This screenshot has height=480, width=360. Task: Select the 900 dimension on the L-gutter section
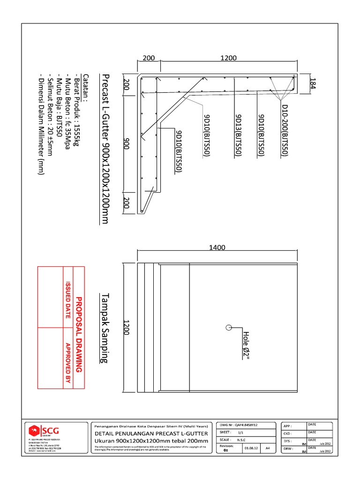(x=126, y=145)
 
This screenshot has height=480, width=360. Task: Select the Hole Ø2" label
(x=247, y=345)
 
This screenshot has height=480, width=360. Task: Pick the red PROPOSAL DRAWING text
(x=79, y=335)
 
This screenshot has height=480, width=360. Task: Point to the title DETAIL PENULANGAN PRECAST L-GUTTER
(x=151, y=434)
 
